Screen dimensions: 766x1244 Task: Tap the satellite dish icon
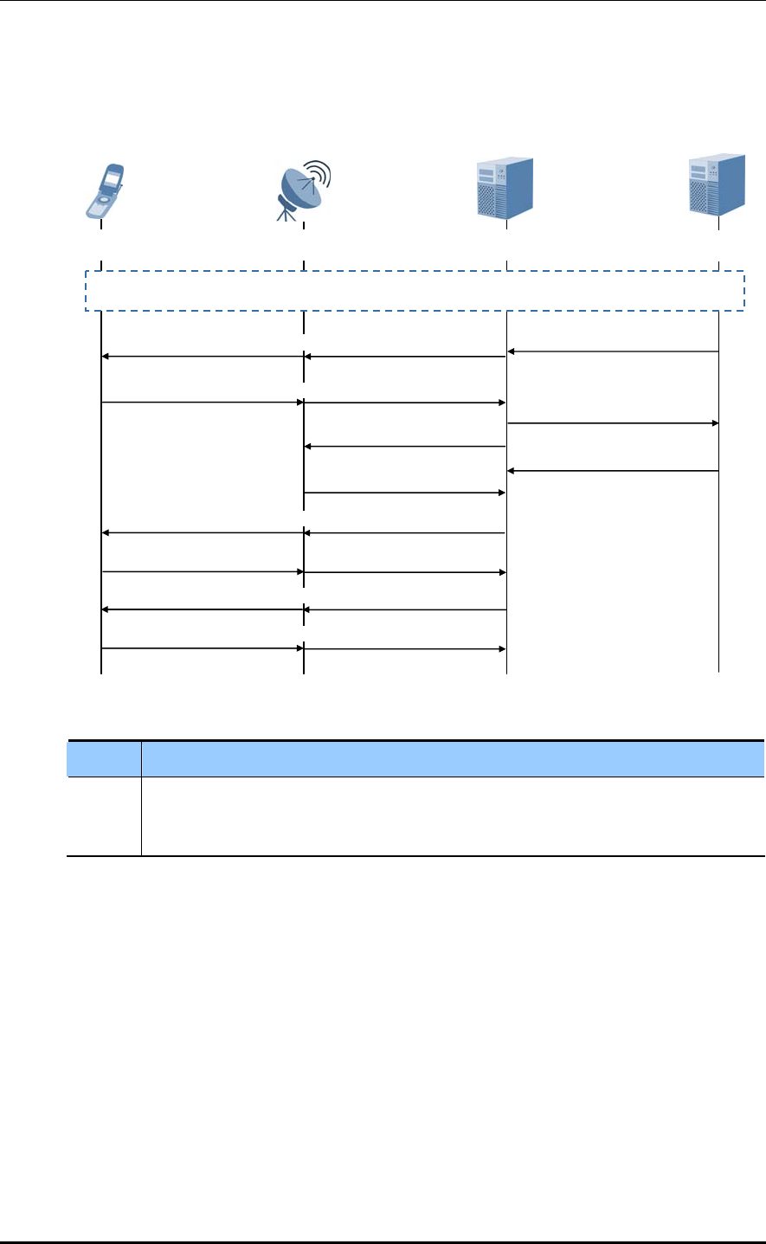(303, 189)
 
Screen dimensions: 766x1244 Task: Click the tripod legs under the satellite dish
(289, 213)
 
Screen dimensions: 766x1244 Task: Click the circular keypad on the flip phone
(102, 203)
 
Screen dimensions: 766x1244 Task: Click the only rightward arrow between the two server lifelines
(613, 423)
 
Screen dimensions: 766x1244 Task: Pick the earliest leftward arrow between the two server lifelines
(613, 351)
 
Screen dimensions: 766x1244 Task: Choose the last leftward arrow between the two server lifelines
(613, 471)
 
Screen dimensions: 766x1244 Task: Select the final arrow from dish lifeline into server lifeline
(405, 648)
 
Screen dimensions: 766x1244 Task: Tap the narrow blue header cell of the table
(104, 758)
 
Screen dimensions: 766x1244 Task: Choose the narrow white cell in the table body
(104, 816)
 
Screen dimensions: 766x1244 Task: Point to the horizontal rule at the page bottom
(383, 1243)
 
